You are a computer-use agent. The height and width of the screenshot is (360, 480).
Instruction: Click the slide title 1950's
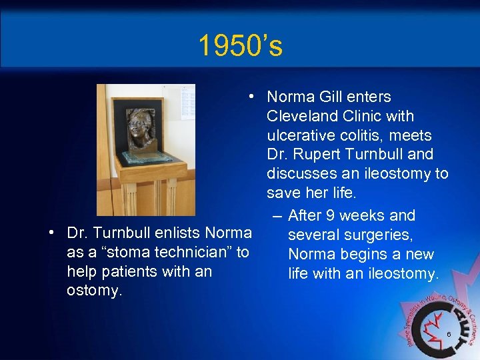pyautogui.click(x=240, y=46)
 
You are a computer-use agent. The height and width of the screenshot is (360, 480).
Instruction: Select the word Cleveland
pyautogui.click(x=298, y=116)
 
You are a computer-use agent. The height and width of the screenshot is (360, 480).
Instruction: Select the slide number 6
pyautogui.click(x=449, y=334)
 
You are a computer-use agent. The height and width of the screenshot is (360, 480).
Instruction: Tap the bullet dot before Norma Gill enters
pyautogui.click(x=251, y=97)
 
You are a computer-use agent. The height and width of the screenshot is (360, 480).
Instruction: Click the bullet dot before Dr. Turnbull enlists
pyautogui.click(x=51, y=233)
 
